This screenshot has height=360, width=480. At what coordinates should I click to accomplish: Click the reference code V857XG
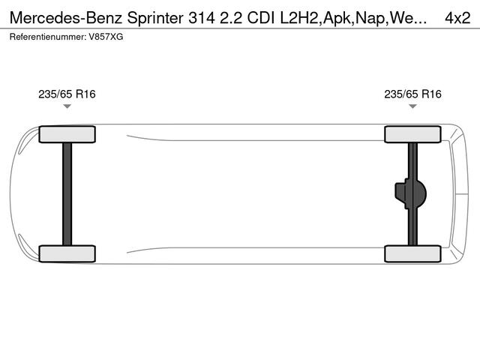pyautogui.click(x=106, y=36)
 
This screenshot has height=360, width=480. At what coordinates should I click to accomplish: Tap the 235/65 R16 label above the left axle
pyautogui.click(x=67, y=94)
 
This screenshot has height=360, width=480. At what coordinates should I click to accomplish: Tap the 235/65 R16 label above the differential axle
pyautogui.click(x=412, y=94)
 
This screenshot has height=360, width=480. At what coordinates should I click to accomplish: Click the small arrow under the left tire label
pyautogui.click(x=67, y=107)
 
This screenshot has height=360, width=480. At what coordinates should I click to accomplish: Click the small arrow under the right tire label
pyautogui.click(x=412, y=107)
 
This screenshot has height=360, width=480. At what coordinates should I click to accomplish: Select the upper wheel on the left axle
pyautogui.click(x=67, y=134)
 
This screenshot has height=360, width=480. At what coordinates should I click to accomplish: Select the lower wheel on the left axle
pyautogui.click(x=67, y=253)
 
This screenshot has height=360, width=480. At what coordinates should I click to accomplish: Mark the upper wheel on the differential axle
pyautogui.click(x=412, y=134)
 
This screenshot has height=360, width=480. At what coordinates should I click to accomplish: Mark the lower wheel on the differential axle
pyautogui.click(x=412, y=253)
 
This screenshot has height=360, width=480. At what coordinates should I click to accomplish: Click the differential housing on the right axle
pyautogui.click(x=414, y=193)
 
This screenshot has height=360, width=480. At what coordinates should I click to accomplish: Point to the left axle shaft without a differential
pyautogui.click(x=67, y=193)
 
